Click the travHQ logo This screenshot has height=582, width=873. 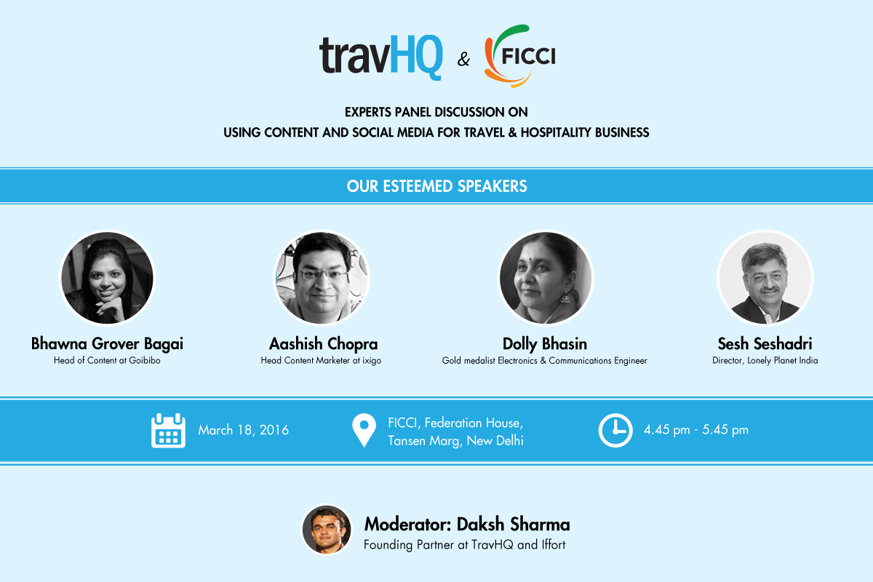click(380, 57)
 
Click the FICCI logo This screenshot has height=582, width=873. click(520, 56)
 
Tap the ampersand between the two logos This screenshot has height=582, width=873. click(463, 59)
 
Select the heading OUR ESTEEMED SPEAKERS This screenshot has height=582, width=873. click(436, 186)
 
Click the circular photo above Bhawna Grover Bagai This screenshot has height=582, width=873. click(107, 278)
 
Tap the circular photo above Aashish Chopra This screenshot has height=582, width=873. click(322, 278)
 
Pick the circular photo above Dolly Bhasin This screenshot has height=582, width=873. click(546, 278)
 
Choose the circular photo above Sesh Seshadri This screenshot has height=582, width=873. click(765, 278)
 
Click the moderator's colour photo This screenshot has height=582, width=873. click(327, 530)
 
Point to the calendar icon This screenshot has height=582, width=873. click(168, 431)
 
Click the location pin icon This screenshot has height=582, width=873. click(364, 431)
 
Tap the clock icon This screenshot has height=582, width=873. click(615, 431)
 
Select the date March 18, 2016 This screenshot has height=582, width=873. click(244, 430)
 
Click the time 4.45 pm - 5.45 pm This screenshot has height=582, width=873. click(696, 429)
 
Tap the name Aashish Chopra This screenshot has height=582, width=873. click(324, 344)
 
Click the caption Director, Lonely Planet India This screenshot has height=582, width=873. click(765, 361)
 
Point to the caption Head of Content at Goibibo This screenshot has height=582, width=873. click(107, 361)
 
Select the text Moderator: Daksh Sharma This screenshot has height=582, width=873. click(467, 525)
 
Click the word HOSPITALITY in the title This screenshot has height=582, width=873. click(556, 132)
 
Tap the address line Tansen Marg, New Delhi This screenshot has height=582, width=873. click(455, 441)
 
